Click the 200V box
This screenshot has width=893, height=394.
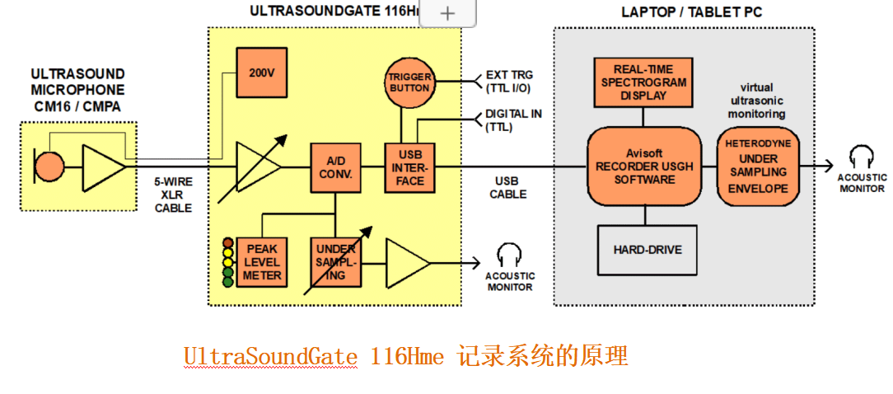261,72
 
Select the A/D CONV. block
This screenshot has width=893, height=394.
335,167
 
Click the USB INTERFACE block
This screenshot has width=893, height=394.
409,167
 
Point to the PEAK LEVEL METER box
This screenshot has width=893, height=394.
261,262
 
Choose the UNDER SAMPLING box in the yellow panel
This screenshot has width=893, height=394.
335,262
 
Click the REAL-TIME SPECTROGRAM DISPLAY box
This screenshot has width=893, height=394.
643,82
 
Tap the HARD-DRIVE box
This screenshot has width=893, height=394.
647,249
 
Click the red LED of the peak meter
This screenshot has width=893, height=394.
228,243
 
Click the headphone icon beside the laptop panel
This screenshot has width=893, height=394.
862,157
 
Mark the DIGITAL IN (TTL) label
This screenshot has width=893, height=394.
513,120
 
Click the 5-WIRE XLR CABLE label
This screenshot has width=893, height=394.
173,195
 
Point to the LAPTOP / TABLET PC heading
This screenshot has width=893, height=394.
685,12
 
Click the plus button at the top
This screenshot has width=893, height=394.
448,13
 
